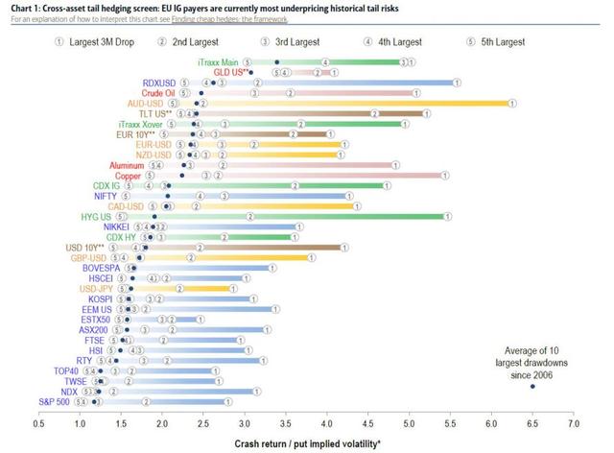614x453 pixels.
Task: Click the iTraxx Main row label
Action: [218, 61]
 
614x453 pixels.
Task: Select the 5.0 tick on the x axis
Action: [410, 422]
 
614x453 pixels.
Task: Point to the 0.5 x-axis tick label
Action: [38, 422]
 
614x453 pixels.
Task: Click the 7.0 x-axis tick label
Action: [574, 422]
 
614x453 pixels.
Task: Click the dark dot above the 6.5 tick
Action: [532, 387]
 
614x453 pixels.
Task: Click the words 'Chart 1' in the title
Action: [21, 8]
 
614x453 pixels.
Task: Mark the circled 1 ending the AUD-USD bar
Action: [511, 103]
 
